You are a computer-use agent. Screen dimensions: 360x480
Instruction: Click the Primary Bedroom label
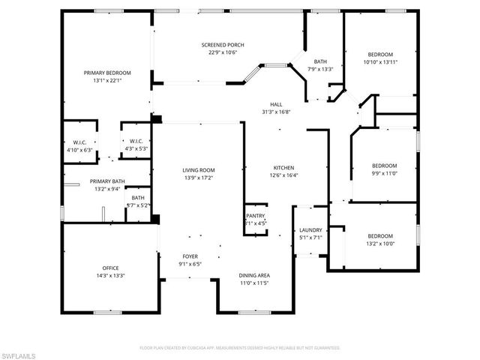[107, 73]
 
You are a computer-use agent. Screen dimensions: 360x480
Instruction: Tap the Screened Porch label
[223, 45]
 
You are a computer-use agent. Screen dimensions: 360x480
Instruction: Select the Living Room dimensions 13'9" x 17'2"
[199, 178]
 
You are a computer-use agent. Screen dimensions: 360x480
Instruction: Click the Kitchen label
[283, 167]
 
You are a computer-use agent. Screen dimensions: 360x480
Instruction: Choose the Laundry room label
[310, 230]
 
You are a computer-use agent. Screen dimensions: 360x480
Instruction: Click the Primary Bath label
[107, 181]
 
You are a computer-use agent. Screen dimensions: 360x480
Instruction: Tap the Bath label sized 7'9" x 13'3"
[320, 61]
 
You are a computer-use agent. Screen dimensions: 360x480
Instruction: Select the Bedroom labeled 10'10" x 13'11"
[379, 55]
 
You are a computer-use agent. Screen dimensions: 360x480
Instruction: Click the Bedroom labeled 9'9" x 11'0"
[384, 166]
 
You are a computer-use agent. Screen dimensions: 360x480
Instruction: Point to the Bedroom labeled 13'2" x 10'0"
[380, 235]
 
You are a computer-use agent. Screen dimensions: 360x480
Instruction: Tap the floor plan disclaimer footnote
[239, 347]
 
